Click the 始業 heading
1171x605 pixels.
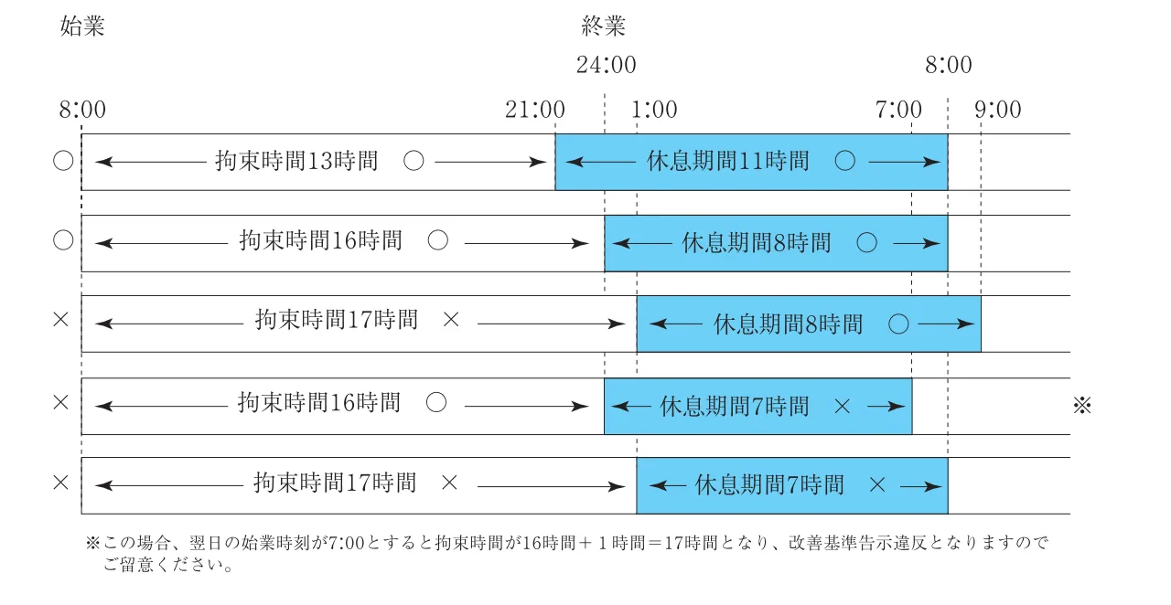(82, 27)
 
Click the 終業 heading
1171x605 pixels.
(604, 27)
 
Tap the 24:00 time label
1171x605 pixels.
(606, 66)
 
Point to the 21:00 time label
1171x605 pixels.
(534, 111)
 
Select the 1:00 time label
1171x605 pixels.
(654, 111)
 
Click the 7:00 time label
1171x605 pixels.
(898, 111)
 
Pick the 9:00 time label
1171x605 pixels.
(997, 111)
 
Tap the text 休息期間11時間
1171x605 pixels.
(728, 162)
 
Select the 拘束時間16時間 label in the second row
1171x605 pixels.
(320, 242)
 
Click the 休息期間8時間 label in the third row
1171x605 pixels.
(788, 324)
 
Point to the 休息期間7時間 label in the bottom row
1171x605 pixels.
(769, 485)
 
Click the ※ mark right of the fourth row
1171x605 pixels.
(1082, 405)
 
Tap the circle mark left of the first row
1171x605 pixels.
(62, 162)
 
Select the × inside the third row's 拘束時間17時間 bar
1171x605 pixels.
(450, 321)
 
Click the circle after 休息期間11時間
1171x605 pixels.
(845, 162)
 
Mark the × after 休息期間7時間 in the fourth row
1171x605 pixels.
(843, 405)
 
